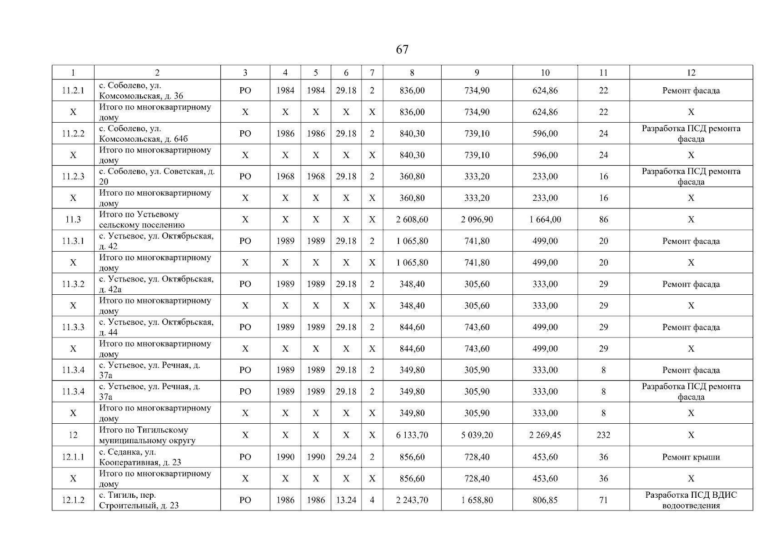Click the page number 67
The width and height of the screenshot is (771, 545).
pos(402,50)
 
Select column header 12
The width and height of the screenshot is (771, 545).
pos(691,73)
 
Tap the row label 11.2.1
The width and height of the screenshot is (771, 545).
pos(73,90)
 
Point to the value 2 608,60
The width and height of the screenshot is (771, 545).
pos(412,220)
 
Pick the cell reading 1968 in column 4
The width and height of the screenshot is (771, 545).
pos(285,177)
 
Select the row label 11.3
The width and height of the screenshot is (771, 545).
pos(73,220)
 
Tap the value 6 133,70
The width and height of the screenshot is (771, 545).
pos(412,435)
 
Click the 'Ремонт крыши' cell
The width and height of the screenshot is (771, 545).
pos(691,457)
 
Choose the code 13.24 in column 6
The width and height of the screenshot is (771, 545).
pos(346,500)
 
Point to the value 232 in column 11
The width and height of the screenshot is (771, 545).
pos(603,435)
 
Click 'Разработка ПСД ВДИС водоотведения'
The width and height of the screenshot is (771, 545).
pos(691,500)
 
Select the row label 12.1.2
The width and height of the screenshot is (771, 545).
pos(73,500)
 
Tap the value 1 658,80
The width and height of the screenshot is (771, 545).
pos(477,500)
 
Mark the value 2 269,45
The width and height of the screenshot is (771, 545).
pos(545,435)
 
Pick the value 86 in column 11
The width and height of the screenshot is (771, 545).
pos(603,220)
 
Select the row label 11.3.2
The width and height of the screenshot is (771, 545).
pos(73,284)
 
